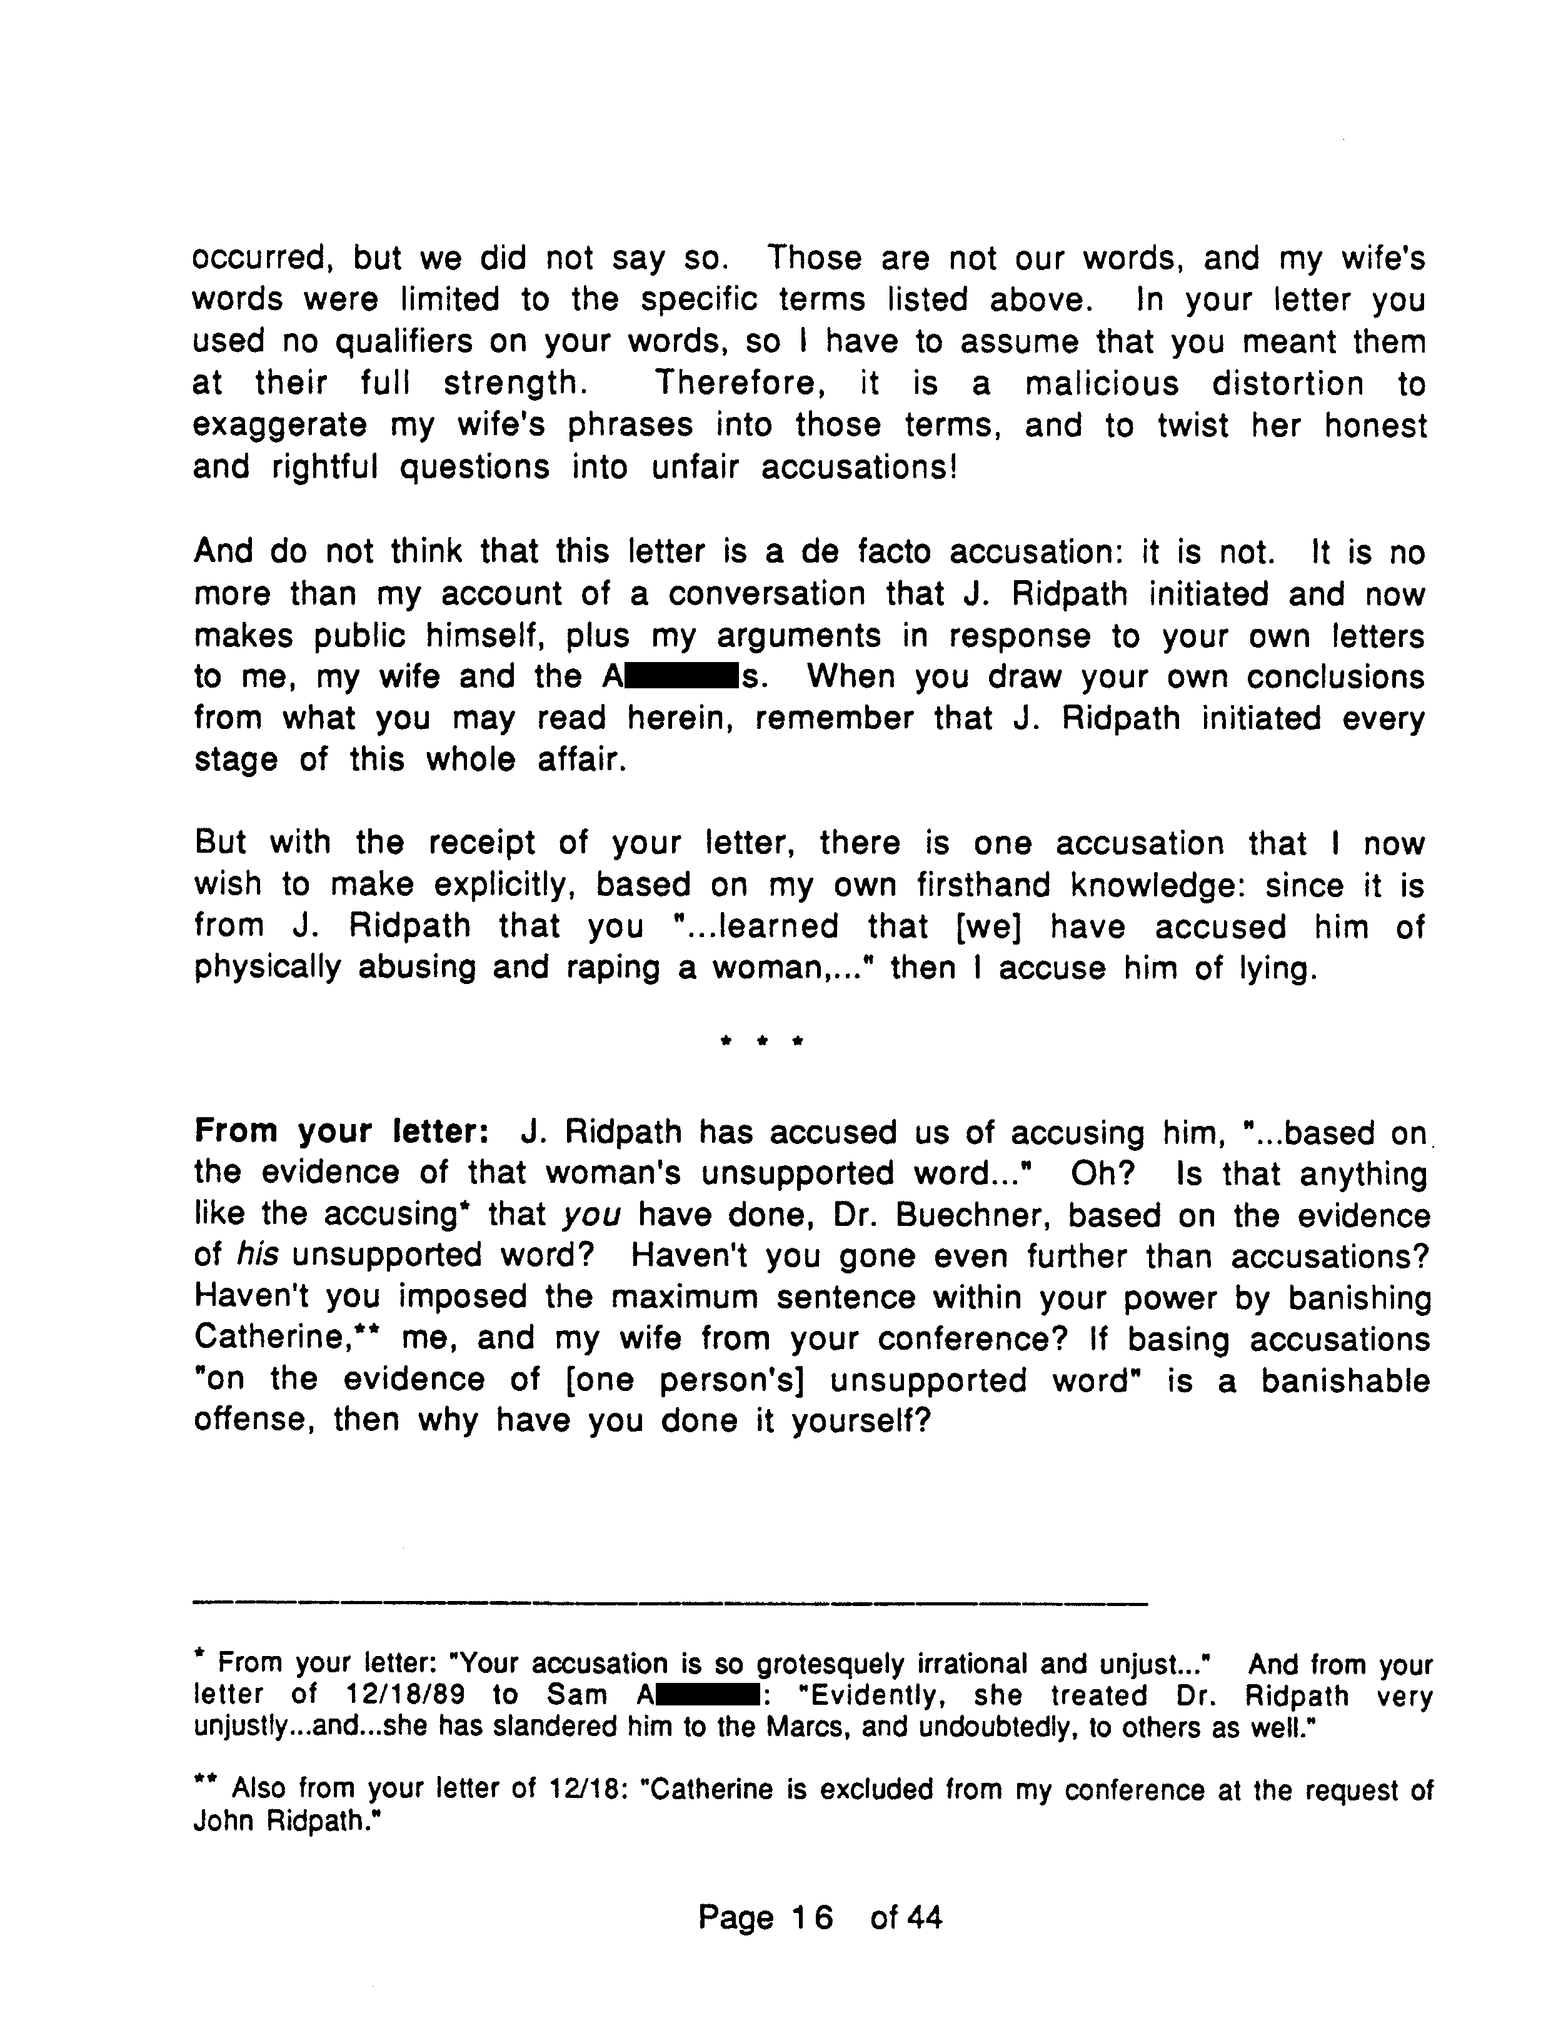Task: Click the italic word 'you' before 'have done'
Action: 592,1215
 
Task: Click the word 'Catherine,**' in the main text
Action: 288,1339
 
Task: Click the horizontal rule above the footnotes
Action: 670,1603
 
